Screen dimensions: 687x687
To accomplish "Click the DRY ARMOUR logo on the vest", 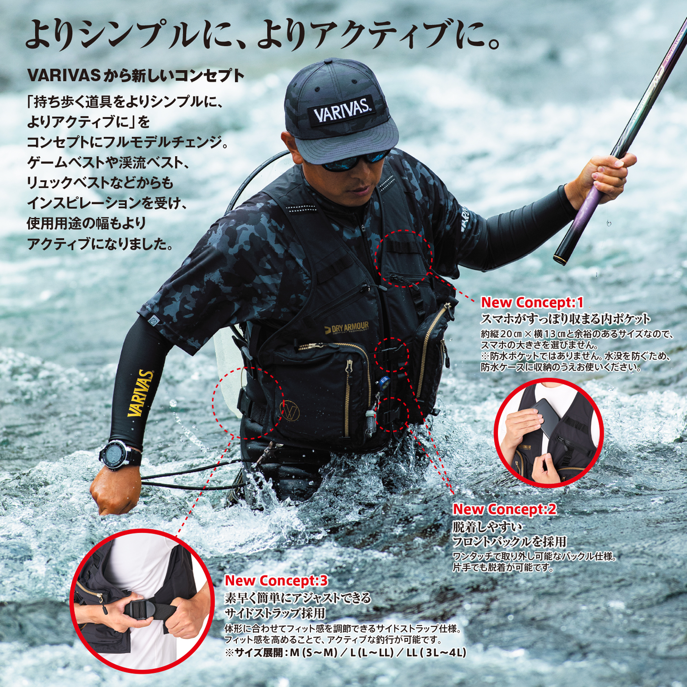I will click(347, 328).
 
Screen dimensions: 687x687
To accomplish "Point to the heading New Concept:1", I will click(532, 303).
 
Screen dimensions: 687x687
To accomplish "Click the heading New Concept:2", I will click(504, 509).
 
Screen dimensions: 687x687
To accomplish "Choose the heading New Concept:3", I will click(276, 581).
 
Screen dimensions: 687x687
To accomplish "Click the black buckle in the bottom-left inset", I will click(138, 610).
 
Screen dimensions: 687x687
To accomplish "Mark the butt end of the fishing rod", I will click(562, 259).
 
